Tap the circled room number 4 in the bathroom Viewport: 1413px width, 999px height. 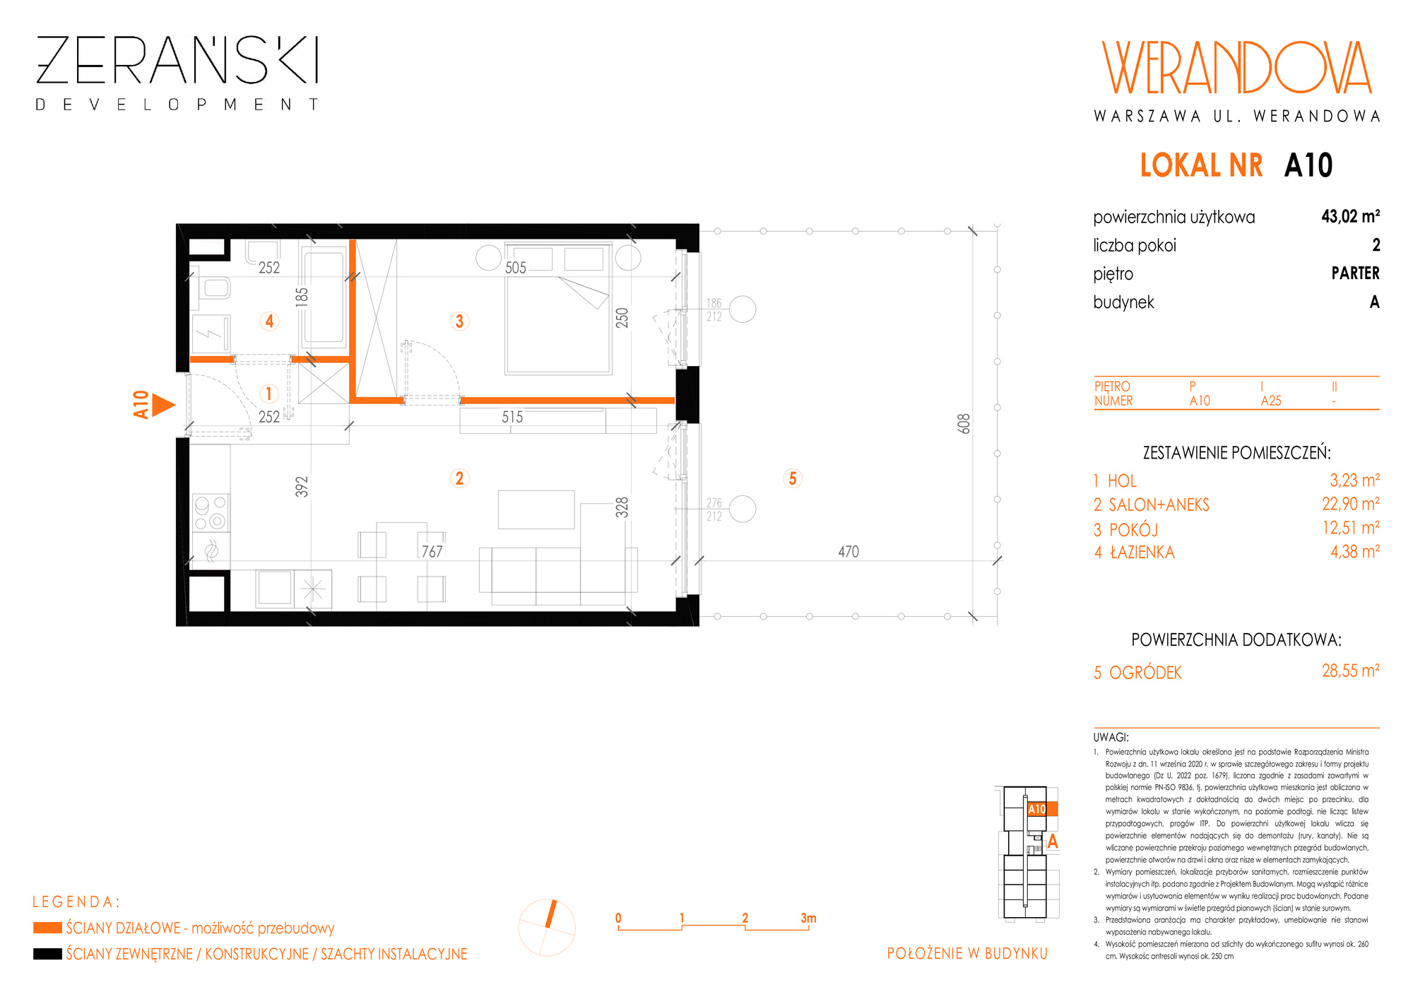pos(269,321)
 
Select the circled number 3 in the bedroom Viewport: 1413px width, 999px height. pos(459,321)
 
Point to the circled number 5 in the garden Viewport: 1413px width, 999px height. pos(793,478)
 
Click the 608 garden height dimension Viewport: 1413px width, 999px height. pos(964,423)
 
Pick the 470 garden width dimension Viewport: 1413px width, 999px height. pos(849,552)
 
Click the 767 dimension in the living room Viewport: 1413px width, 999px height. pos(432,552)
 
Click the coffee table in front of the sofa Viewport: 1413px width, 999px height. pos(536,509)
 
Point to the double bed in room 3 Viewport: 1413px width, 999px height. pos(558,309)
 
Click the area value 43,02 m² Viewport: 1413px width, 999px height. pos(1350,216)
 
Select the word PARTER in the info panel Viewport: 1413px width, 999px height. pos(1355,273)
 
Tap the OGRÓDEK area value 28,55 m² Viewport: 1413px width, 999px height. pos(1350,670)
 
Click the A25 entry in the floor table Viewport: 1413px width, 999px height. pos(1271,401)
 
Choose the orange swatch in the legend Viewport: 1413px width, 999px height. pos(47,928)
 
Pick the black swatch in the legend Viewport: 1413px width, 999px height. pos(47,954)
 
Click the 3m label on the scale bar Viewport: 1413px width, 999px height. pos(808,918)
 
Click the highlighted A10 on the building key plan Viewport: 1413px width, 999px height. pos(1037,810)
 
